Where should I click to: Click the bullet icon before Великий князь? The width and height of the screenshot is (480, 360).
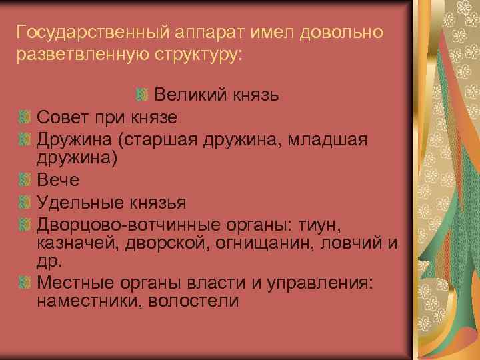(141, 95)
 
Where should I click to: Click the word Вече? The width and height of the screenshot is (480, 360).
(59, 179)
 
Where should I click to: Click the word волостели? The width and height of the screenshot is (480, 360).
(195, 299)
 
